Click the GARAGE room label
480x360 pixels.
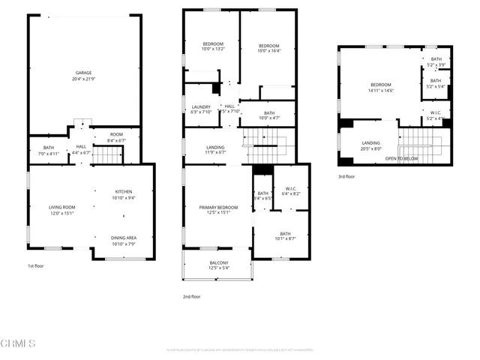coord(83,76)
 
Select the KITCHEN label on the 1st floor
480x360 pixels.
coord(123,194)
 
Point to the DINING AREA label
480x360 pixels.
coord(123,241)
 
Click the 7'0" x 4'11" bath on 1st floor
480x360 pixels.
coord(49,150)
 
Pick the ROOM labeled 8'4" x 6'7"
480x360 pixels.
coord(116,137)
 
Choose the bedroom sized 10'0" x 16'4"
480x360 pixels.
coord(268,48)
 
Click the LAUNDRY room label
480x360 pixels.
coord(201,109)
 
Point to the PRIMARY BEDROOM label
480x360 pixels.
coord(218,209)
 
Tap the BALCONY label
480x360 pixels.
coord(218,265)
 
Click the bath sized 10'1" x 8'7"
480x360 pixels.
coord(285,236)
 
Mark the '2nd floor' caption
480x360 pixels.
coord(191,296)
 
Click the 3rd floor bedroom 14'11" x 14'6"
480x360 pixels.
coord(380,87)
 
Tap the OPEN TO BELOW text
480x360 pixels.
coord(402,159)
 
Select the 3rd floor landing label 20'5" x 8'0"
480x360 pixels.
coord(370,145)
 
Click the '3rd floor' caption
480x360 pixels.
coord(346,177)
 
